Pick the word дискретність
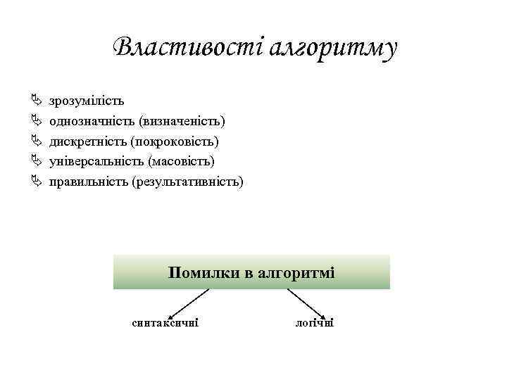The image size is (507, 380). coord(87,141)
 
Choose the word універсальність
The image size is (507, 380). coord(95,162)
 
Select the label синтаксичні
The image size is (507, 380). coord(165,323)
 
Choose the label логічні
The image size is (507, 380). coord(315,323)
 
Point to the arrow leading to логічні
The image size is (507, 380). coord(306,303)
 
